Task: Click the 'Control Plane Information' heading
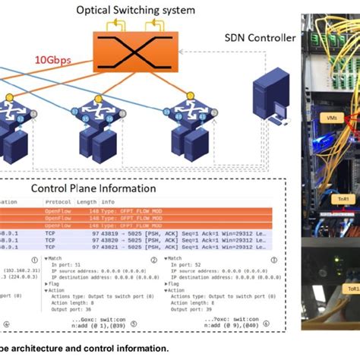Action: click(93, 188)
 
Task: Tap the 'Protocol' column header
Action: click(58, 202)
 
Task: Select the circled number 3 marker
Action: click(272, 258)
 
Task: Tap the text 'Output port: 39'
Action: click(197, 308)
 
